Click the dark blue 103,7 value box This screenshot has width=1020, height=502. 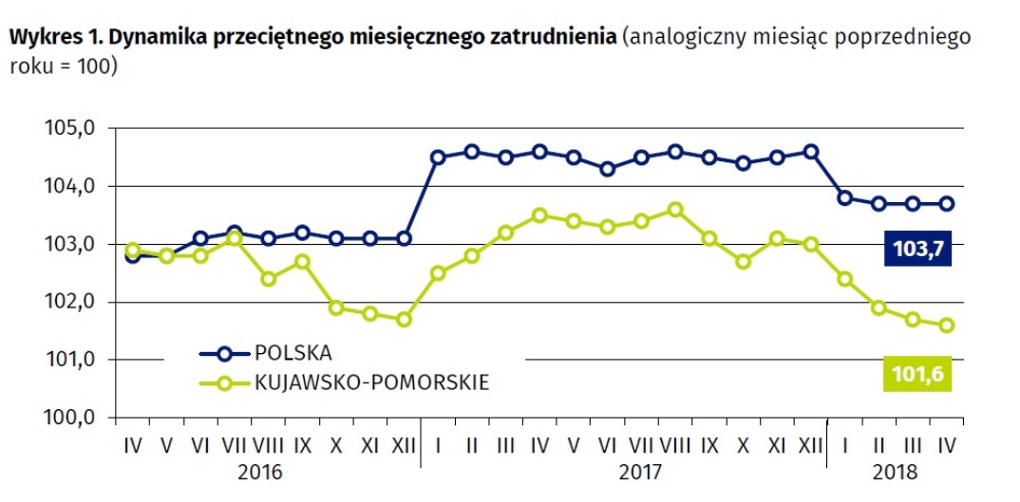[x=917, y=250]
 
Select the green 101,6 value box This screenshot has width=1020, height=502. [x=917, y=374]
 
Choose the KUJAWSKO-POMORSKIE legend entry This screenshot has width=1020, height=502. [x=371, y=382]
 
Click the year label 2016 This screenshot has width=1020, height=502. [x=259, y=469]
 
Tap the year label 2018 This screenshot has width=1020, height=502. [x=892, y=469]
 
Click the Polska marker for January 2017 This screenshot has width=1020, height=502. [x=438, y=158]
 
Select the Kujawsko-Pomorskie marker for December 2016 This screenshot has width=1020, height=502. [x=405, y=320]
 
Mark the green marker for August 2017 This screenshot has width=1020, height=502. [x=675, y=210]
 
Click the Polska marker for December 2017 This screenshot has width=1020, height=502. [x=811, y=152]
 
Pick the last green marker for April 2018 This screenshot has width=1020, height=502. [x=947, y=325]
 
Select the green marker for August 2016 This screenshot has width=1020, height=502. [x=269, y=279]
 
